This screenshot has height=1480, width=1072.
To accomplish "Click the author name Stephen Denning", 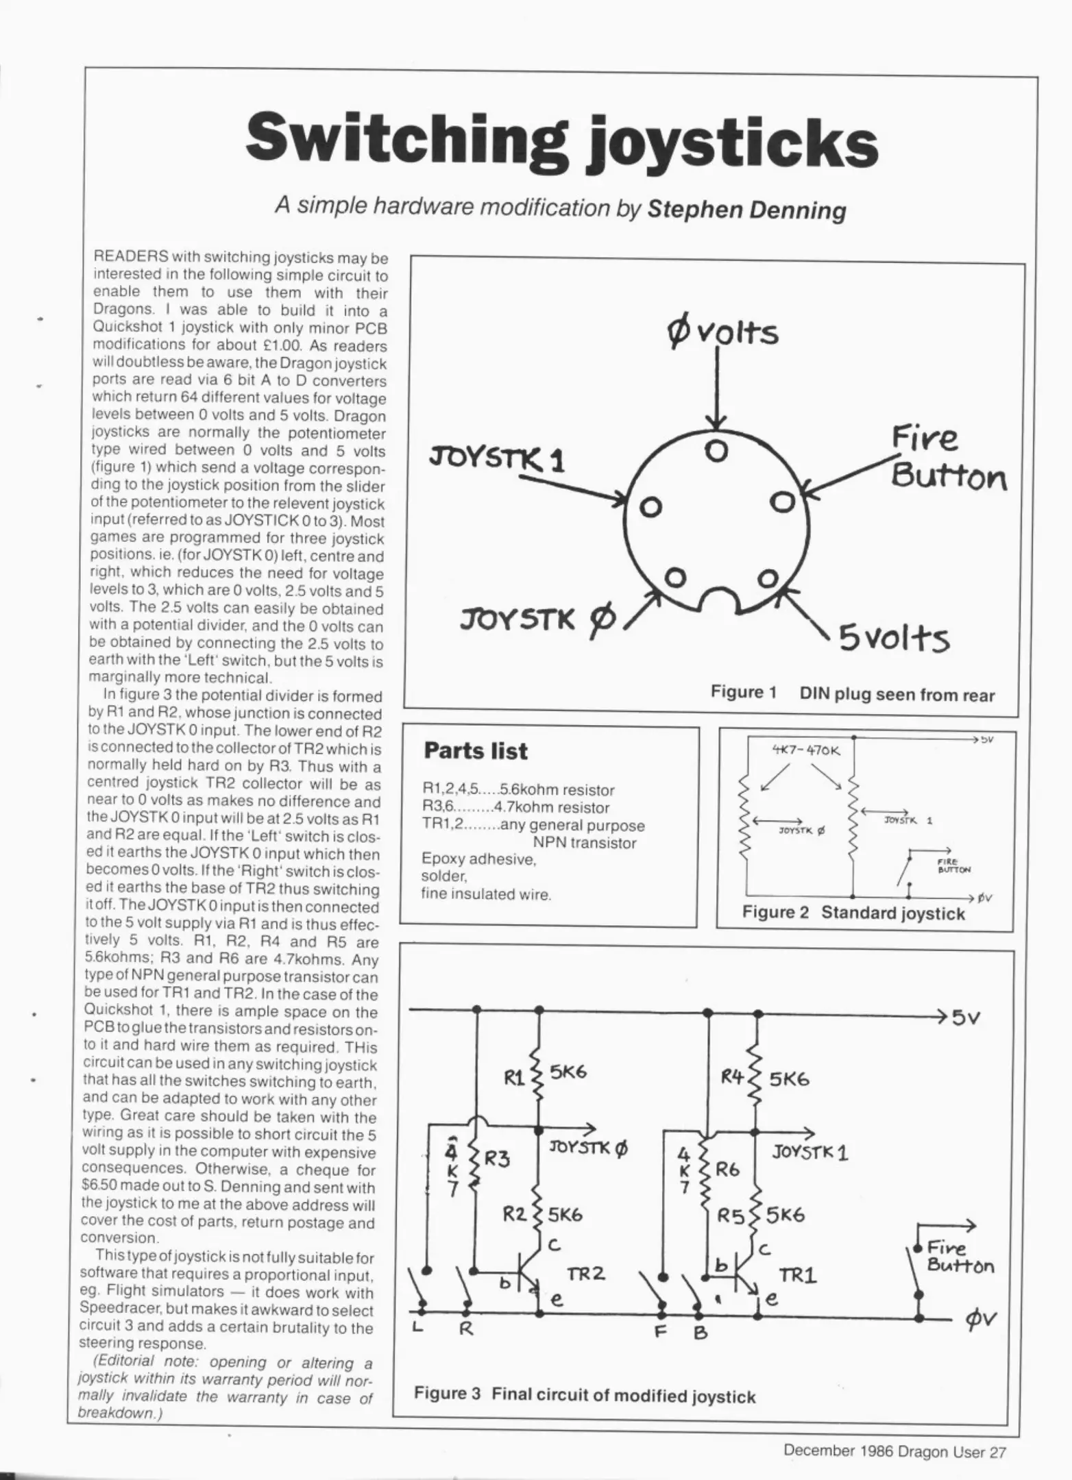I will click(x=746, y=208).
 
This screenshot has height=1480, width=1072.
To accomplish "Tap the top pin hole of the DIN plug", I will click(x=716, y=452).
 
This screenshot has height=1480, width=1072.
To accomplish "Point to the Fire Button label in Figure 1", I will click(x=947, y=456).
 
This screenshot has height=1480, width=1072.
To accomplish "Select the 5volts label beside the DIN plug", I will click(x=894, y=639).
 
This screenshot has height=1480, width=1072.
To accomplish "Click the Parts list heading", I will click(x=476, y=751).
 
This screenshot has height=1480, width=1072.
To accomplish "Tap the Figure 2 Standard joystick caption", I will click(x=853, y=913).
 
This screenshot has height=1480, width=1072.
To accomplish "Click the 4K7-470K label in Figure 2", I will click(x=805, y=750).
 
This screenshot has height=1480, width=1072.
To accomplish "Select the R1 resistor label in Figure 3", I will click(x=514, y=1078).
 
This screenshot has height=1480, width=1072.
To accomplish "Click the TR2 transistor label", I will click(x=585, y=1274).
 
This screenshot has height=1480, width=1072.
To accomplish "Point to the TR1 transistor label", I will click(x=798, y=1275).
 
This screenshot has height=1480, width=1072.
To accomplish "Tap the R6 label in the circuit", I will click(x=728, y=1170).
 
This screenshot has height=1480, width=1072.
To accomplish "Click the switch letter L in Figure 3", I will click(x=416, y=1329).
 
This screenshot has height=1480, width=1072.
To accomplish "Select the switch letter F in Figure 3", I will click(x=661, y=1331).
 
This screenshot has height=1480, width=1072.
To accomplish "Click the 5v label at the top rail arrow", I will click(x=966, y=1018).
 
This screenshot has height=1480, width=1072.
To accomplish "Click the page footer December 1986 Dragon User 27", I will click(x=894, y=1451).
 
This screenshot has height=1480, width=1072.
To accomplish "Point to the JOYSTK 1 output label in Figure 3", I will click(x=810, y=1152).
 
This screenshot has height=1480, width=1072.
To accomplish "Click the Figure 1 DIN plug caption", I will click(x=851, y=693).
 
